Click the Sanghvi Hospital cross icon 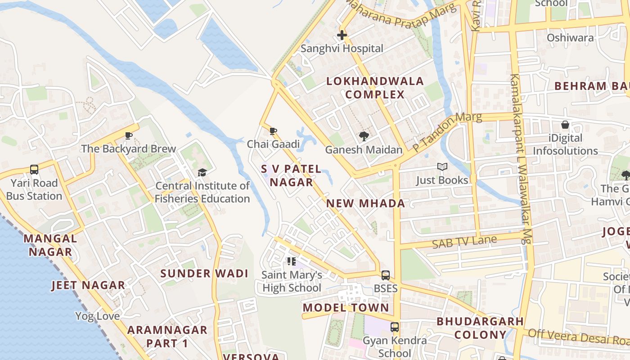point(342,35)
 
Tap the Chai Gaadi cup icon point(273,131)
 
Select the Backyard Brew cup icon point(129,135)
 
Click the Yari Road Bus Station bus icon point(34,170)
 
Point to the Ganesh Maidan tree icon point(364,136)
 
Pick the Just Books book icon point(442,167)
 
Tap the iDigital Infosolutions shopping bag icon point(565,125)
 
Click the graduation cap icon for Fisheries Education point(202,172)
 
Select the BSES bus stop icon point(386,275)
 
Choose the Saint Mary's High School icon point(291,261)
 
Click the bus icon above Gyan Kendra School point(395,327)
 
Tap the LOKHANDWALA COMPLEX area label point(375,88)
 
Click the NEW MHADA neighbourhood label point(365,203)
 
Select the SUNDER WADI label point(204,274)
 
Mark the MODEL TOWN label point(346,308)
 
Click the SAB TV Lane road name point(464,242)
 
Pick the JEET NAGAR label point(88,285)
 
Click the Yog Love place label point(97,316)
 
